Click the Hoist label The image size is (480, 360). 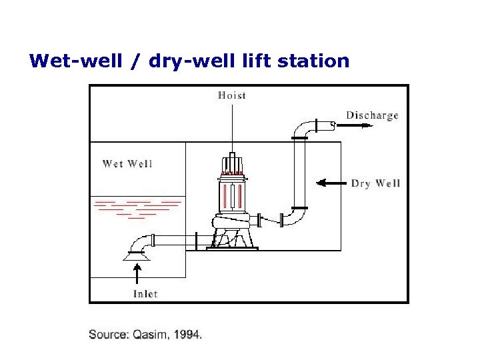[x=232, y=95]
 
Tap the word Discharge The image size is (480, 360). [x=372, y=115]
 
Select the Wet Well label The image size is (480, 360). [x=127, y=163]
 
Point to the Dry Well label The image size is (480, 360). [x=375, y=183]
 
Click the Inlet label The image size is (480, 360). [x=145, y=293]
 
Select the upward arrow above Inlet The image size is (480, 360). [x=139, y=273]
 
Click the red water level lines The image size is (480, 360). [x=139, y=207]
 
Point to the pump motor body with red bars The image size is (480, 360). [x=233, y=196]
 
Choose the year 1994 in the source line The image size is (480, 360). [x=187, y=335]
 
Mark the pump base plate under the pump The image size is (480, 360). [x=232, y=249]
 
